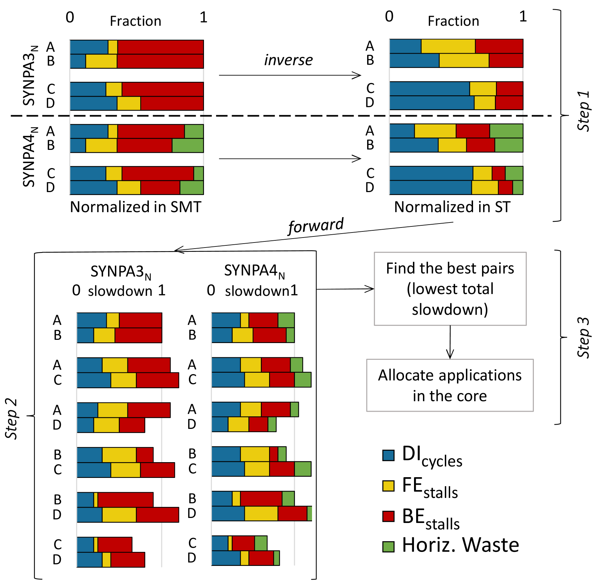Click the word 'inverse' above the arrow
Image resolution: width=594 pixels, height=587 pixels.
(288, 60)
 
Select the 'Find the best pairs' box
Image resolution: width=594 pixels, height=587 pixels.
(450, 289)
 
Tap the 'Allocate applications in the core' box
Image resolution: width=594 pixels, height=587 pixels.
(450, 385)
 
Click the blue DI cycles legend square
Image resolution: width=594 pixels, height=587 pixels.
(388, 455)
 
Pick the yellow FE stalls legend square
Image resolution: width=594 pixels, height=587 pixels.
(388, 486)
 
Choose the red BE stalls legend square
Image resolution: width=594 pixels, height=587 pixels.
(388, 517)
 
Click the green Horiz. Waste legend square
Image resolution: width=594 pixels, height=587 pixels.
(388, 547)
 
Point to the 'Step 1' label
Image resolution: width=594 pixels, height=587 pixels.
(583, 111)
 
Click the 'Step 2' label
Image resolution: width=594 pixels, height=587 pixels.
(11, 419)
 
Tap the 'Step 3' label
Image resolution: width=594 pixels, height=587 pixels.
(583, 337)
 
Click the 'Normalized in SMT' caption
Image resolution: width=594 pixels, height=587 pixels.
(136, 207)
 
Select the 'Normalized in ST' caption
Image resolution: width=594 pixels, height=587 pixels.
(452, 207)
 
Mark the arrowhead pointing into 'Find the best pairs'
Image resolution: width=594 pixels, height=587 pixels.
(370, 289)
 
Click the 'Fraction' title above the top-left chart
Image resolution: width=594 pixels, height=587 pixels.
(135, 21)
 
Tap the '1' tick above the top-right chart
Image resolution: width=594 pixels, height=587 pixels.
(523, 17)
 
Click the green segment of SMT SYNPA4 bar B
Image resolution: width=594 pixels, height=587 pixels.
(188, 146)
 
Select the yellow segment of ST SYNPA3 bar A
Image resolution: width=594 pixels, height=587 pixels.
(448, 47)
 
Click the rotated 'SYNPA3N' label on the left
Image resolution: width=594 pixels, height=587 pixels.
(30, 75)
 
